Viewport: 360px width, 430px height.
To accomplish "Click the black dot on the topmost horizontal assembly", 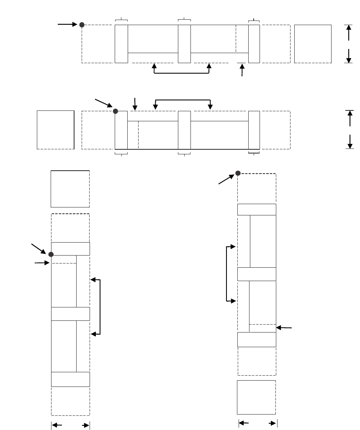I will [82, 25].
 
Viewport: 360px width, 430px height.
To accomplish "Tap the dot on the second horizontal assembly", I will [116, 111].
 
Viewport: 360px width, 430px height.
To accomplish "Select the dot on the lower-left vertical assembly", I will [51, 254].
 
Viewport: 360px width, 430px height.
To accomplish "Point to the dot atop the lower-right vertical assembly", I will [238, 173].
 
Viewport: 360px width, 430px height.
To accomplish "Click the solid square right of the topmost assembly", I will [313, 44].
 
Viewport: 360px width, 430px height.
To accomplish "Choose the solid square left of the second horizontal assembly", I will [56, 130].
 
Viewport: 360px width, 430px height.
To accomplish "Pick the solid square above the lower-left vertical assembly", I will [70, 189].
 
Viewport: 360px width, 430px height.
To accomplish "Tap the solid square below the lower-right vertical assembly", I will [256, 397].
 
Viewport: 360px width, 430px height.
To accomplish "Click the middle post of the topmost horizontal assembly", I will [184, 44].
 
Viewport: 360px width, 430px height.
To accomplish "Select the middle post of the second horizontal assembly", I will [184, 130].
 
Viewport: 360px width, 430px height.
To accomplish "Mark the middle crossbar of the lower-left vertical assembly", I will [70, 314].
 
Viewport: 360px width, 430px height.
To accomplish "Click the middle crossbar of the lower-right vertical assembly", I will [257, 274].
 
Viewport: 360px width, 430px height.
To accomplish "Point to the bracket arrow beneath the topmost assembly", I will [182, 73].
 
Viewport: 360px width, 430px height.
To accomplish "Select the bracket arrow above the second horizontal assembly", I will [183, 100].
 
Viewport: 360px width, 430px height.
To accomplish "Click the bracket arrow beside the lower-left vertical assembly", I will [100, 307].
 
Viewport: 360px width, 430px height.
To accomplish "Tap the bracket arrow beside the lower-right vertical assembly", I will [227, 274].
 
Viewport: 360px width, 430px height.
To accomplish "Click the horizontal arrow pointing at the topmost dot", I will [67, 25].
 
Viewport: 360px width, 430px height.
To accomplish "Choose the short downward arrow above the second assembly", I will [135, 104].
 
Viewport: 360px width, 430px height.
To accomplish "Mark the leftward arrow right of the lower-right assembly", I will [285, 328].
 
